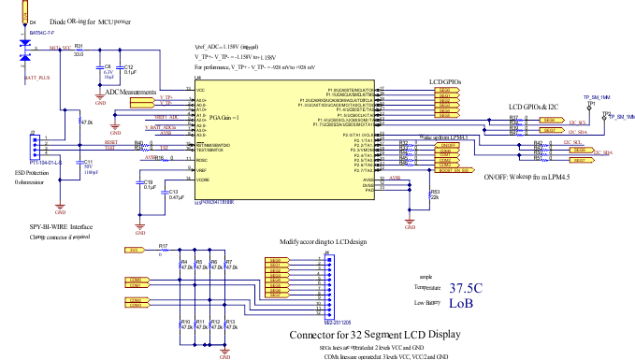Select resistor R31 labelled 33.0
point(79,49)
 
